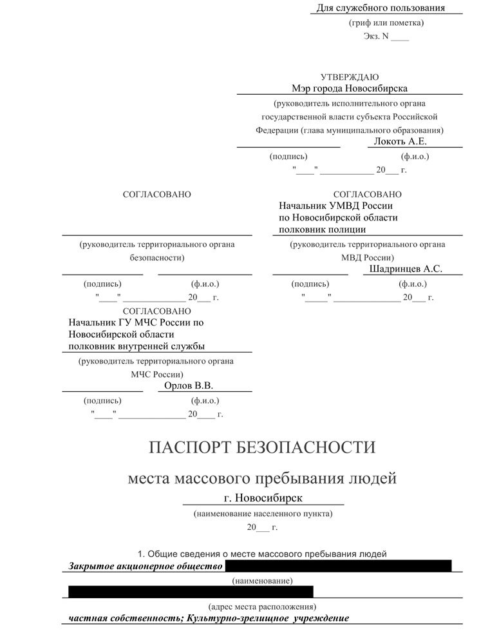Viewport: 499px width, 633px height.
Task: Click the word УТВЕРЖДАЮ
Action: tap(350, 77)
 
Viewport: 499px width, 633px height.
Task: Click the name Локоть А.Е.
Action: tap(400, 141)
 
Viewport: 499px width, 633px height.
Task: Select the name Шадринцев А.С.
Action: tap(406, 269)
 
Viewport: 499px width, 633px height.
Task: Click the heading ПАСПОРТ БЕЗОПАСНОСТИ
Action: tap(262, 447)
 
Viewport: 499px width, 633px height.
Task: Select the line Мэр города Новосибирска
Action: tap(350, 88)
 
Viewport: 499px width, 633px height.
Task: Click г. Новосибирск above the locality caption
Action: tap(263, 498)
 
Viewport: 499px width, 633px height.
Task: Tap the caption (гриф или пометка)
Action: tap(386, 23)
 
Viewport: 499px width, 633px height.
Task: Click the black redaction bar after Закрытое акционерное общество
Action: tap(338, 566)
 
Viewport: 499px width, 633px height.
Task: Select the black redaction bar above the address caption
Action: tap(191, 591)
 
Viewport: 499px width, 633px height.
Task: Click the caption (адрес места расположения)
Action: tap(263, 607)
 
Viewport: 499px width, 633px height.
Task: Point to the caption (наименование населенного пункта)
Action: tap(263, 514)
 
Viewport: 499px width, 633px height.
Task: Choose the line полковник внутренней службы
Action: tap(137, 346)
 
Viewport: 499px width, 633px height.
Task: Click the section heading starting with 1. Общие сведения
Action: tap(263, 553)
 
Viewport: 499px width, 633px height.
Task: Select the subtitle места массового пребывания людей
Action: tap(263, 479)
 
